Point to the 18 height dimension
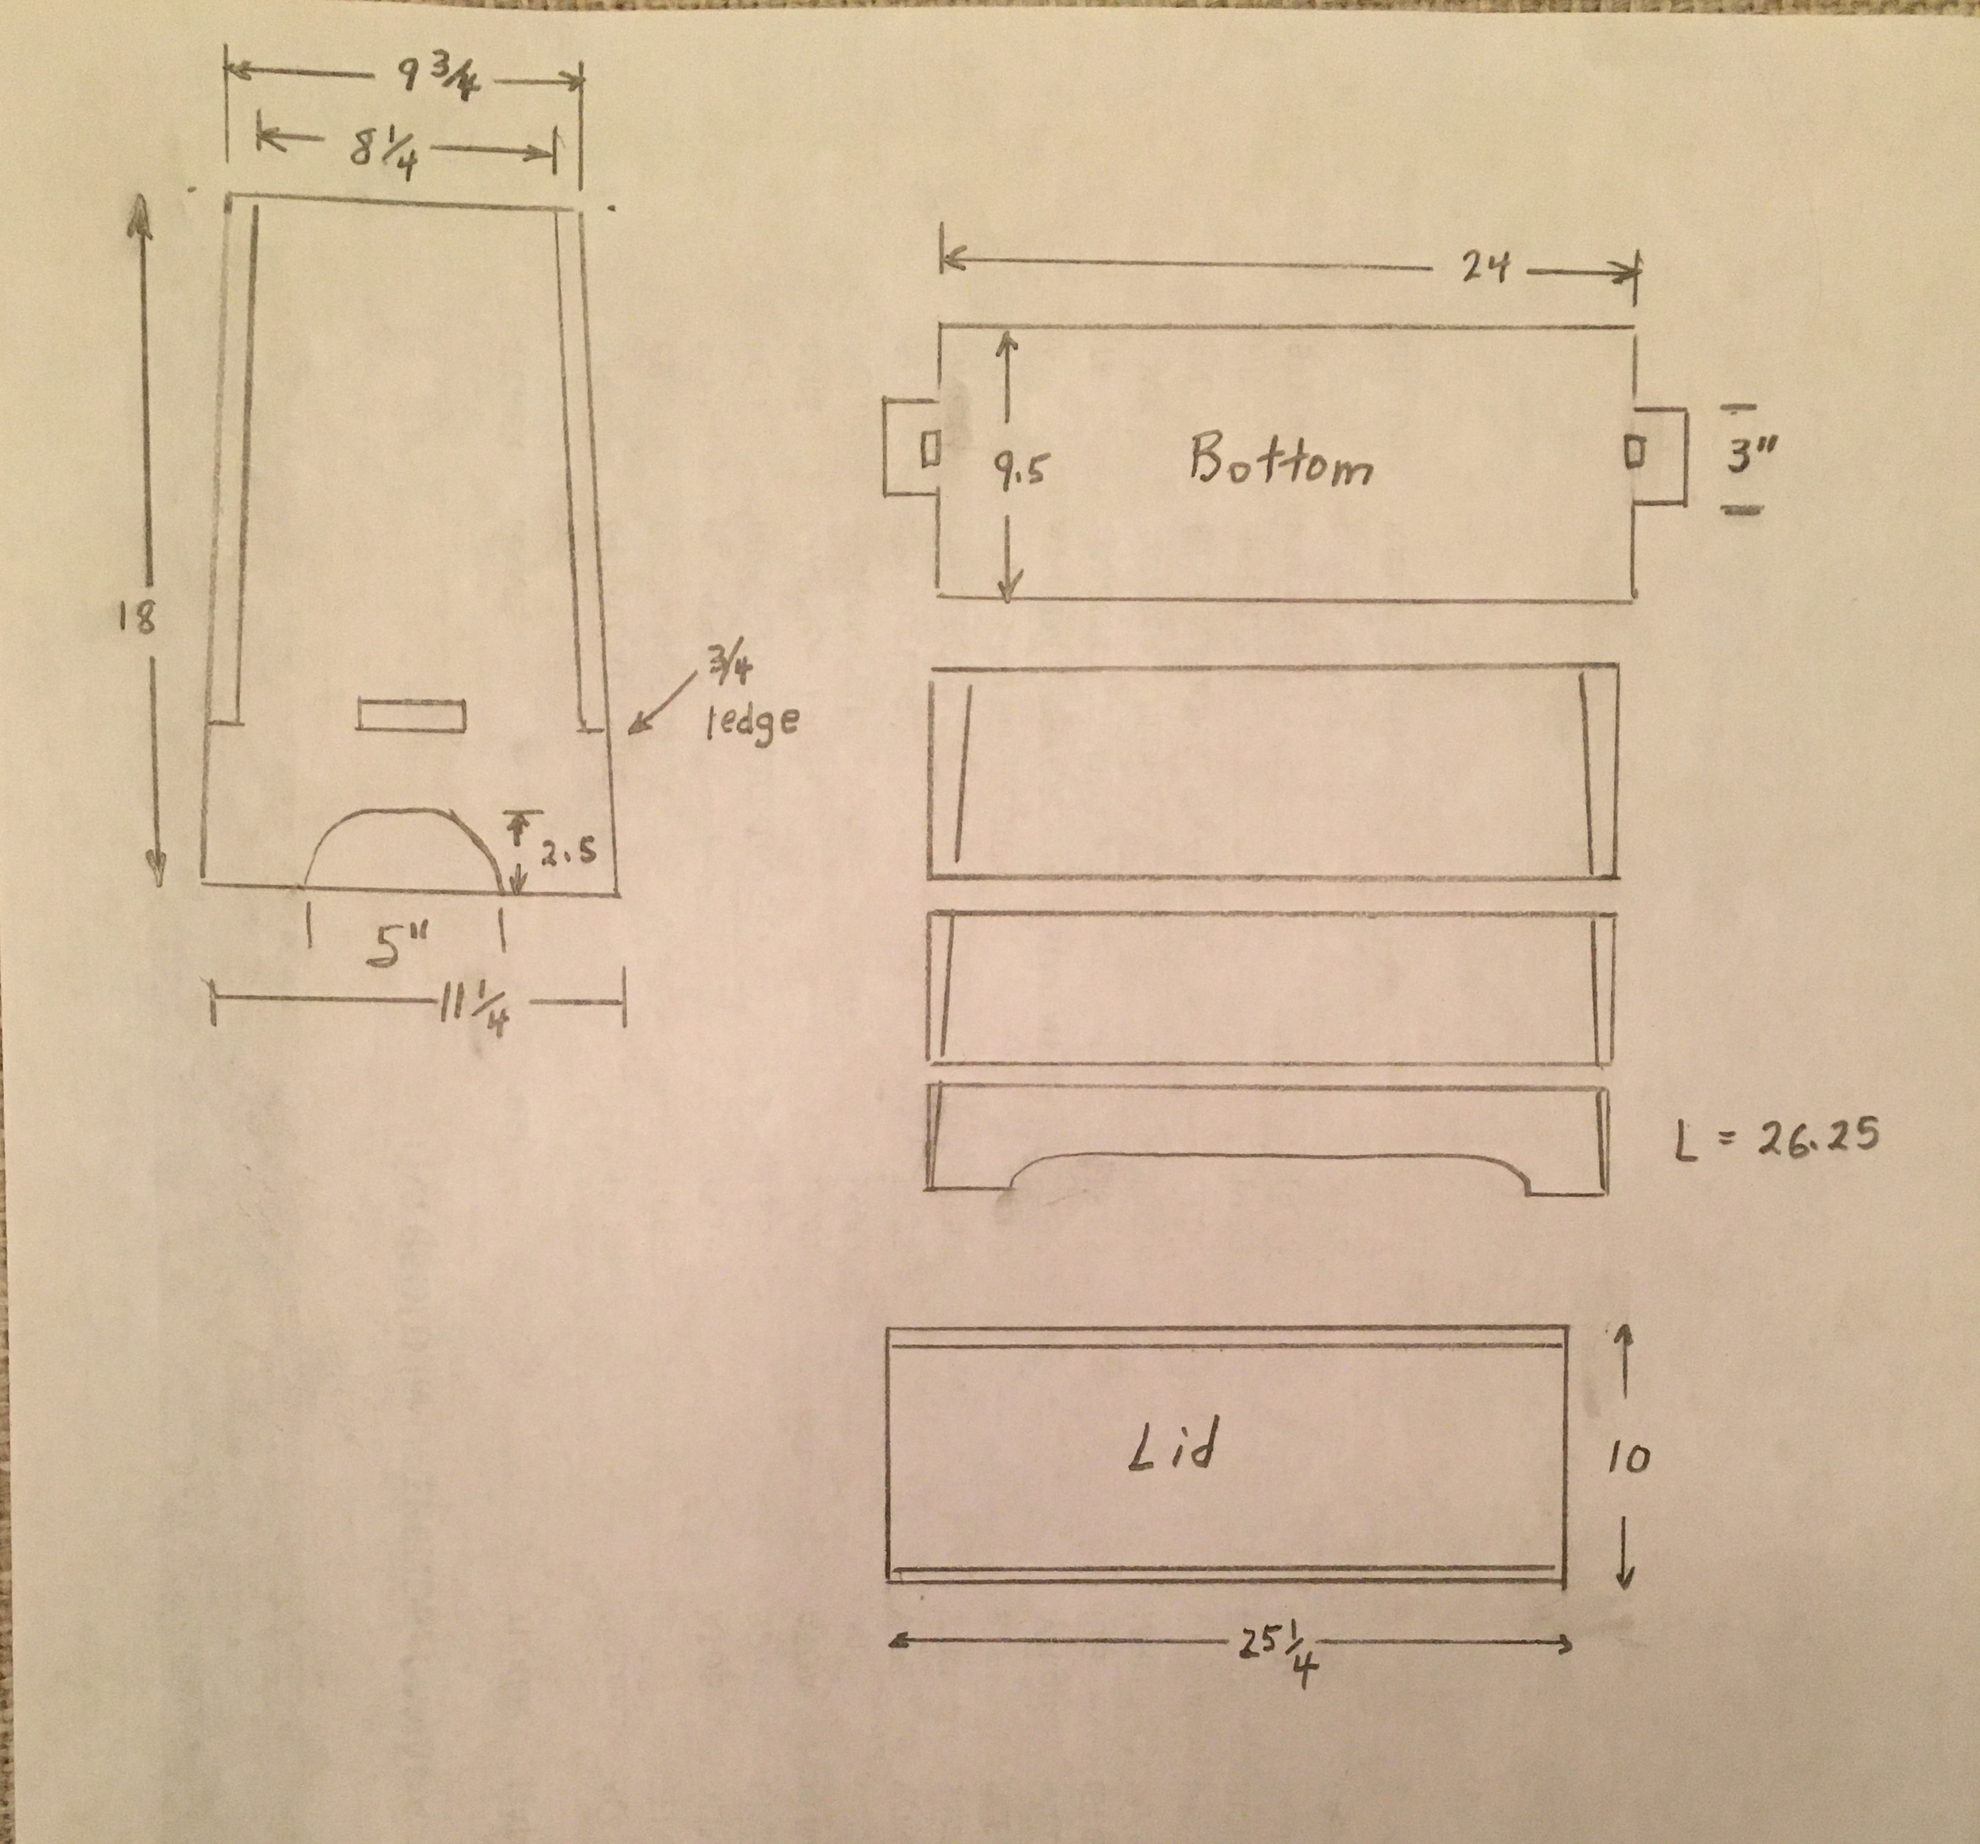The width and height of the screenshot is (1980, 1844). click(136, 619)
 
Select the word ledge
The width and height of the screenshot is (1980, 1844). click(753, 720)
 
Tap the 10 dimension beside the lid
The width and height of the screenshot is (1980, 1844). click(1628, 1459)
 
